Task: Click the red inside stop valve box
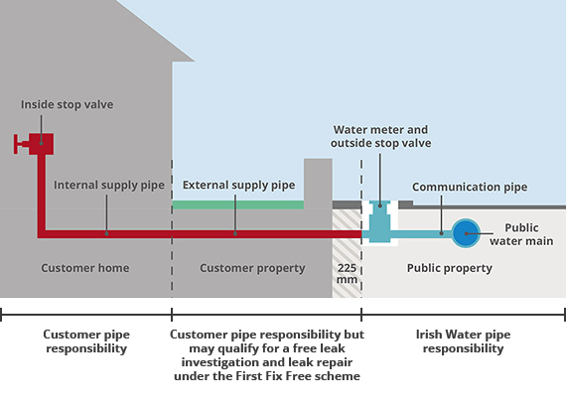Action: (41, 144)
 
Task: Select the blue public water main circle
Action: (466, 233)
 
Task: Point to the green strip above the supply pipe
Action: (238, 204)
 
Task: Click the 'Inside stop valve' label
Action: (67, 104)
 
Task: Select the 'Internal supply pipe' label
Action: (109, 185)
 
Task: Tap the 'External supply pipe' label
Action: (238, 185)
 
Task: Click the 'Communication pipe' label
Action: (470, 187)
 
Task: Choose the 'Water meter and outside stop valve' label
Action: (381, 136)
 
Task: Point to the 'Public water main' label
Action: (521, 234)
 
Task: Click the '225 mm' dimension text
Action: (347, 274)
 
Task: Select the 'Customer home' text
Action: (84, 268)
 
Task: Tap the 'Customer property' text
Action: (252, 268)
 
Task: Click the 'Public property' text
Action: (450, 268)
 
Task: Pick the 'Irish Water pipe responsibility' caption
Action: (463, 341)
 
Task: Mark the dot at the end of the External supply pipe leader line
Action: (235, 234)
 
